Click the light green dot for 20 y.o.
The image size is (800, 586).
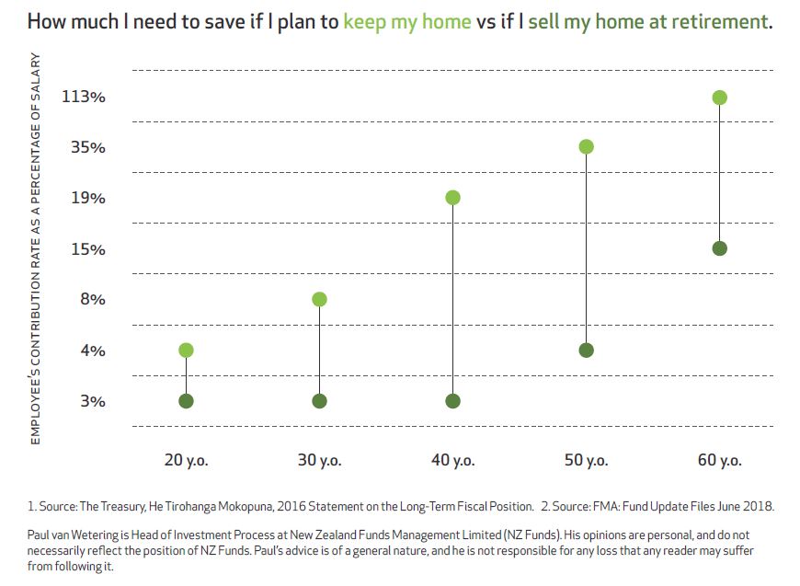coord(186,350)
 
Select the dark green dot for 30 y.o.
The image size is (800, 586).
coord(319,401)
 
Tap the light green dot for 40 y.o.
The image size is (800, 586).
coord(452,198)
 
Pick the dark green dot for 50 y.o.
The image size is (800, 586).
coord(586,350)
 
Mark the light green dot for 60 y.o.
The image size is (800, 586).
coord(720,98)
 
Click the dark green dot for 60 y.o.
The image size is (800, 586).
coord(720,248)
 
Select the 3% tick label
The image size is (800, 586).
coord(93,401)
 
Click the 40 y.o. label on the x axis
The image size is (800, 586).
coord(452,461)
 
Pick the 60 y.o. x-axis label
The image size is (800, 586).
coord(719,461)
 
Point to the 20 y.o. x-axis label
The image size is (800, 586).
coord(186,461)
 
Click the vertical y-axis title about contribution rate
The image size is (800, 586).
coord(37,248)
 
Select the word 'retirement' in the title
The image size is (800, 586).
coord(721,20)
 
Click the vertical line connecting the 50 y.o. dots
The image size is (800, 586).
coord(586,248)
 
